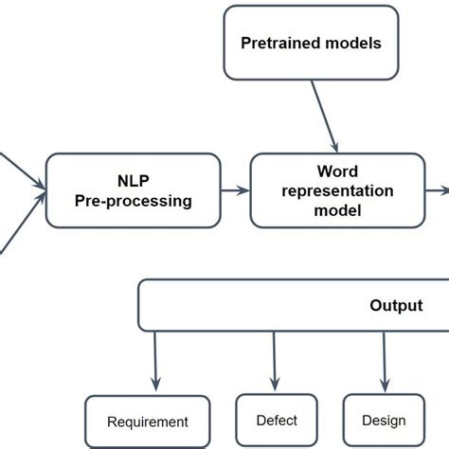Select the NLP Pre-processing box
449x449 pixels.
(x=132, y=190)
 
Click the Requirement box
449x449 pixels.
(x=147, y=422)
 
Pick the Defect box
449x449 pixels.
(x=277, y=421)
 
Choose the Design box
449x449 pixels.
(x=384, y=421)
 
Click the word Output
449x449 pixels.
(x=396, y=306)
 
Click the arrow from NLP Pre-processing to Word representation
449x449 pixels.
(x=234, y=190)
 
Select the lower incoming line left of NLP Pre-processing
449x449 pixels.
(x=19, y=227)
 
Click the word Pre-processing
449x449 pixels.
(x=132, y=201)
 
